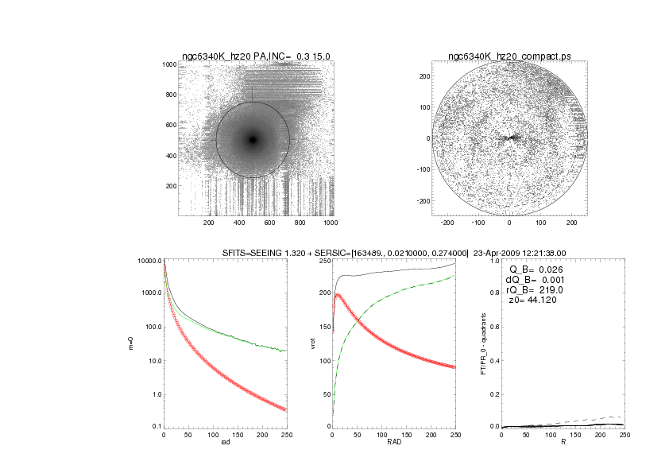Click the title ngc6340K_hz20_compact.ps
[x=509, y=56]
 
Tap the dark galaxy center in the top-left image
[x=253, y=140]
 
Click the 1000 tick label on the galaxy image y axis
[x=168, y=64]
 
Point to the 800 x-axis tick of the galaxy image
[x=297, y=223]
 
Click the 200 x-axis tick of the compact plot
[x=570, y=223]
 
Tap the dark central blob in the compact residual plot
[x=509, y=138]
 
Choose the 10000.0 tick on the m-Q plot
[x=149, y=261]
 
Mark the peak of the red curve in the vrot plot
[x=338, y=295]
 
